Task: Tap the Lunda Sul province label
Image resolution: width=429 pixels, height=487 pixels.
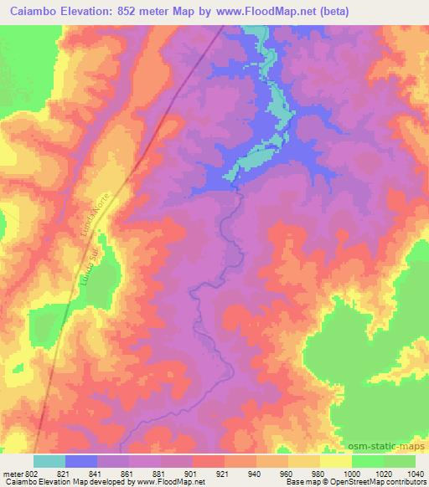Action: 91,269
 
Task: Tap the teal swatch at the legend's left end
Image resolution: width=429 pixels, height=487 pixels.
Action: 49,461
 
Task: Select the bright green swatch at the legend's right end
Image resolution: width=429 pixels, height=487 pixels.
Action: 399,461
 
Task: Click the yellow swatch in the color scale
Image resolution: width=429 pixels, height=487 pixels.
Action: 335,461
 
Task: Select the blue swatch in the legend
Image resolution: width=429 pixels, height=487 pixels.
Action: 81,461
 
